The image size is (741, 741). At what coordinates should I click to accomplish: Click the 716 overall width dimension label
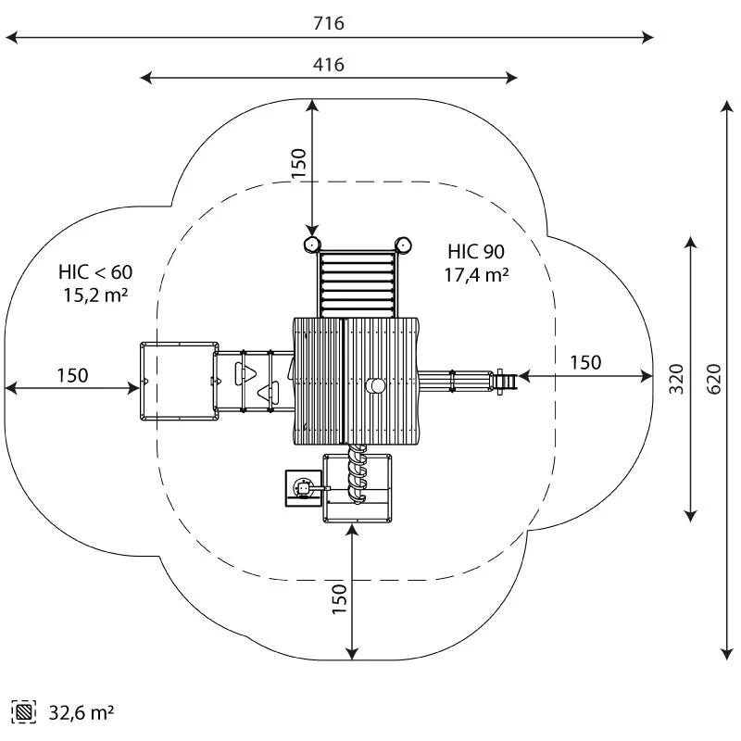pyautogui.click(x=329, y=23)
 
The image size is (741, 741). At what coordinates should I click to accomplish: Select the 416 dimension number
pyautogui.click(x=329, y=64)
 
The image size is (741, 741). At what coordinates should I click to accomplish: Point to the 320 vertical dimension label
pyautogui.click(x=677, y=378)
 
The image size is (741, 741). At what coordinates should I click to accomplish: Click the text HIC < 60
pyautogui.click(x=95, y=272)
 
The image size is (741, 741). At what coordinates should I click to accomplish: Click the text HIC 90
pyautogui.click(x=477, y=251)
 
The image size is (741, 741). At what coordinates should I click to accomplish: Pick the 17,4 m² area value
pyautogui.click(x=477, y=274)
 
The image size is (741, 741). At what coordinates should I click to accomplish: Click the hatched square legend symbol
pyautogui.click(x=24, y=714)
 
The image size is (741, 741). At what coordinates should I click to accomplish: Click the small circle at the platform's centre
pyautogui.click(x=375, y=385)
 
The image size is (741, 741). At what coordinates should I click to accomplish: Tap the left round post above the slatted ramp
pyautogui.click(x=311, y=245)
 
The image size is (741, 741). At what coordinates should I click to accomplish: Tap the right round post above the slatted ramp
pyautogui.click(x=403, y=245)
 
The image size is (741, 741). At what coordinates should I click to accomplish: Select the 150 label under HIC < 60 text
pyautogui.click(x=72, y=375)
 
